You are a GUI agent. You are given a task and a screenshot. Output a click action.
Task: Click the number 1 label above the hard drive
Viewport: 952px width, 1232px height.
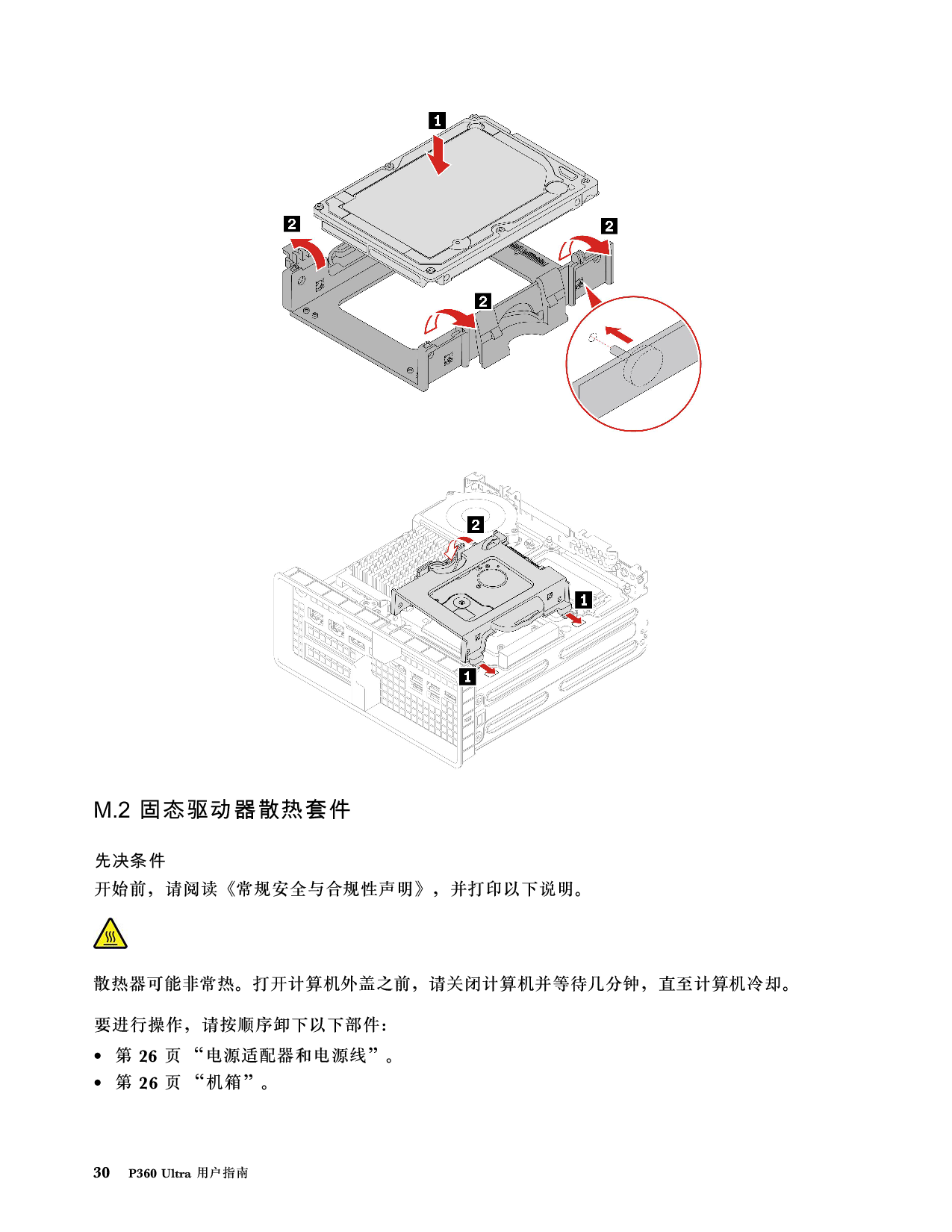coord(437,120)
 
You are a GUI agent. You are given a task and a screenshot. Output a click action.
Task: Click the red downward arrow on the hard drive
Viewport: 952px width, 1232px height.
coord(441,155)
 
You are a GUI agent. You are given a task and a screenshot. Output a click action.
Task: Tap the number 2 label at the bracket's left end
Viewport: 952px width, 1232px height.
coord(292,223)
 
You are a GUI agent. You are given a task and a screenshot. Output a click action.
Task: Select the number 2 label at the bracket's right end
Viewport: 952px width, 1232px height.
coord(609,225)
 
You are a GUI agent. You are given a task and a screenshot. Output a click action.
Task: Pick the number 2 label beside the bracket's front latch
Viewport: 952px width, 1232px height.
coord(483,301)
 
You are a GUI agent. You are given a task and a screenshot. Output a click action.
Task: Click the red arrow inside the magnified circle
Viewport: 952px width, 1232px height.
coord(619,334)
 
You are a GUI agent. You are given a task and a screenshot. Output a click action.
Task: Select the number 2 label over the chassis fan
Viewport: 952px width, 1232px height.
coord(476,525)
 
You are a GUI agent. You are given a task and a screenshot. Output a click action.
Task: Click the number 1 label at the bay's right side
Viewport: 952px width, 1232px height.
coord(584,599)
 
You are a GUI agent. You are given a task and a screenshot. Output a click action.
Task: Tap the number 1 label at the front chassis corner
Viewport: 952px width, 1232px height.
coord(467,676)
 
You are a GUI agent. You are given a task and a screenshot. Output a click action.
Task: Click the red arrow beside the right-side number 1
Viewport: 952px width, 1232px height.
coord(573,618)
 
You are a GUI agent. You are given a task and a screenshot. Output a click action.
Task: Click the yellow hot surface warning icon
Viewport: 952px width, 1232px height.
coord(111,933)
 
